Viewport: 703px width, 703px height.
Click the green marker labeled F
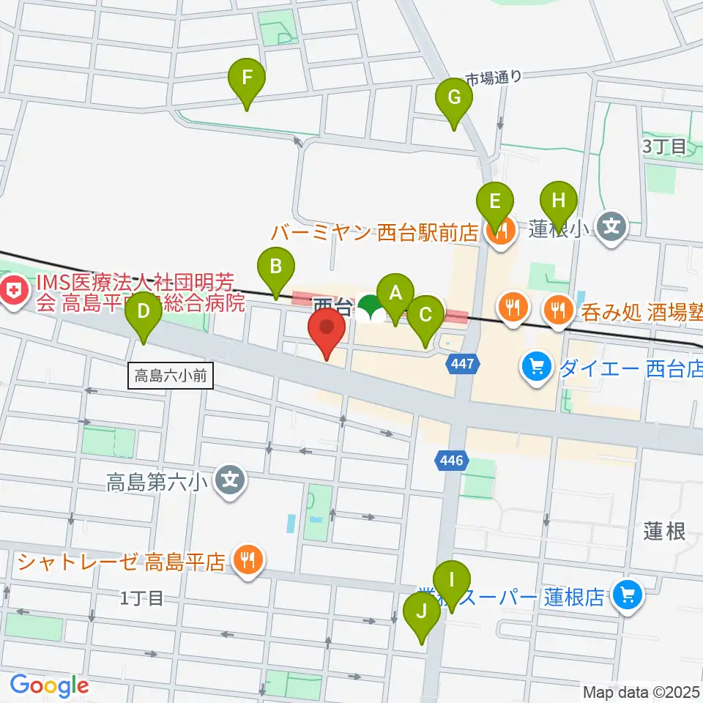[247, 77]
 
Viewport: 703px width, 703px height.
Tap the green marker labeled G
[454, 97]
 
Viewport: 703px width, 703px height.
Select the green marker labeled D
[144, 311]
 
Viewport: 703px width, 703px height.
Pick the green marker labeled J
[422, 611]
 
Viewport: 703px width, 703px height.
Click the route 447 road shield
[464, 363]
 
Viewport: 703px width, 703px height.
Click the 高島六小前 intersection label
[171, 376]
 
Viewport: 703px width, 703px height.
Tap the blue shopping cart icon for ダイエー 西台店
[537, 364]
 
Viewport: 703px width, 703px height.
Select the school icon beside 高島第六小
[231, 480]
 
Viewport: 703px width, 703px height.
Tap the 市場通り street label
[495, 77]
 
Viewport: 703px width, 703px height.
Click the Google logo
[49, 685]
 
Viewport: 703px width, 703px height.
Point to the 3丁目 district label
[664, 146]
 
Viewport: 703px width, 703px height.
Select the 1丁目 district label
[141, 598]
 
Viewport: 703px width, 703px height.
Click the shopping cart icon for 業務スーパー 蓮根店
[628, 595]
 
